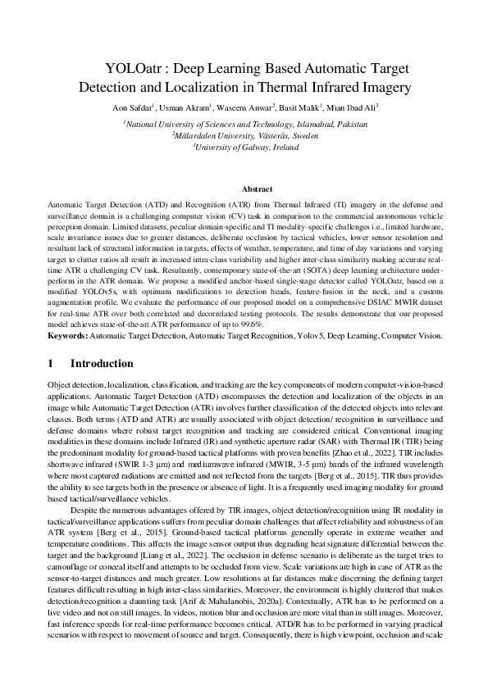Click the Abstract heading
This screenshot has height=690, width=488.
tap(245, 188)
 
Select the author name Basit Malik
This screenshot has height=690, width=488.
tap(298, 107)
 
